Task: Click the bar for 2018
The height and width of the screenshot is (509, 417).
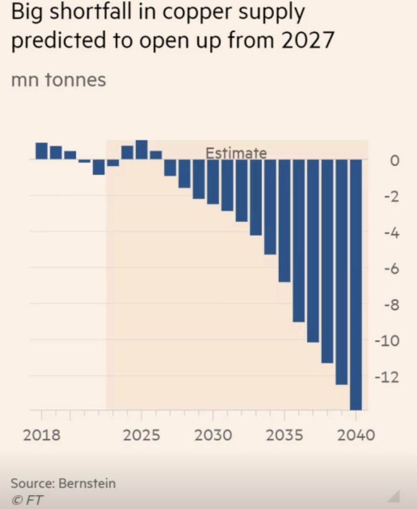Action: (41, 151)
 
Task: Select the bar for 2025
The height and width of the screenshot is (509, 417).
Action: (142, 150)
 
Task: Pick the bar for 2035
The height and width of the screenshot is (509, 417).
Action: (285, 221)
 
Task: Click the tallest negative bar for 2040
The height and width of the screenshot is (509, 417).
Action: (356, 284)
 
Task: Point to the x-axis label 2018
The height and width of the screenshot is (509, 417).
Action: (42, 434)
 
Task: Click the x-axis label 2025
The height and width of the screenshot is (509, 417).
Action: (142, 434)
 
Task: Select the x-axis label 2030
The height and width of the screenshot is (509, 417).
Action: (213, 434)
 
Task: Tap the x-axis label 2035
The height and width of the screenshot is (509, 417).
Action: (285, 434)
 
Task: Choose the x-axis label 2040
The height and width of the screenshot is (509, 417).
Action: (356, 434)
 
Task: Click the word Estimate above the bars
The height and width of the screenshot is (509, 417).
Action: (236, 153)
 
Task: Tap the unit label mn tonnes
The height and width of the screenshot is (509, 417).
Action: (58, 80)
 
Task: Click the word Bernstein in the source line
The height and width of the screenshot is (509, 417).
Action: (87, 484)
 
